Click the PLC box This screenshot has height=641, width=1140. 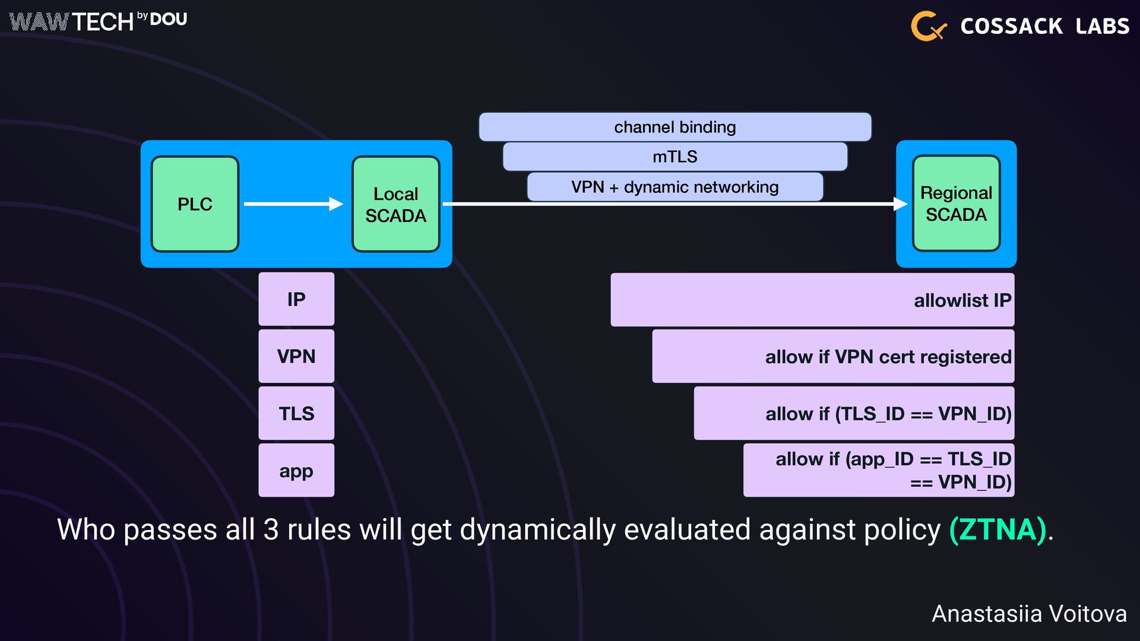coord(195,204)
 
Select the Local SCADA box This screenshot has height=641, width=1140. coord(395,204)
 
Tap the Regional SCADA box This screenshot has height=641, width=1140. coord(956,203)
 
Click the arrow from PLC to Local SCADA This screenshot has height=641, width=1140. coord(293,204)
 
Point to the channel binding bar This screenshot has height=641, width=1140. coord(674,127)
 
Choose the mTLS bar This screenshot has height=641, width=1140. coord(674,157)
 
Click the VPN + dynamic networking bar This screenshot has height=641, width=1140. coord(674,187)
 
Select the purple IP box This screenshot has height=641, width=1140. coord(296,299)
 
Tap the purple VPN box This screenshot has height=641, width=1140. coord(296,356)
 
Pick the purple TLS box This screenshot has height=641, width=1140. coord(296,413)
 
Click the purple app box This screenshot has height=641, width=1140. coord(296,470)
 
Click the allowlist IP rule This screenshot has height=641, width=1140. coord(812,300)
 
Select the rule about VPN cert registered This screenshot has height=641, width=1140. coord(833,356)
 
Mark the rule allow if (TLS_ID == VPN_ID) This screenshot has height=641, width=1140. coord(854,413)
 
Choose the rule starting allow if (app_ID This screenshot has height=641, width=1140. coord(879,470)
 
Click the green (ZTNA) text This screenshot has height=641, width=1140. coord(997,529)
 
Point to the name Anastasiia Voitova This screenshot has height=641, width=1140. coord(1029,614)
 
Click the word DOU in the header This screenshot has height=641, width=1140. coord(169,20)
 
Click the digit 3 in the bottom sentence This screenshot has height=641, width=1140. coord(271,529)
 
